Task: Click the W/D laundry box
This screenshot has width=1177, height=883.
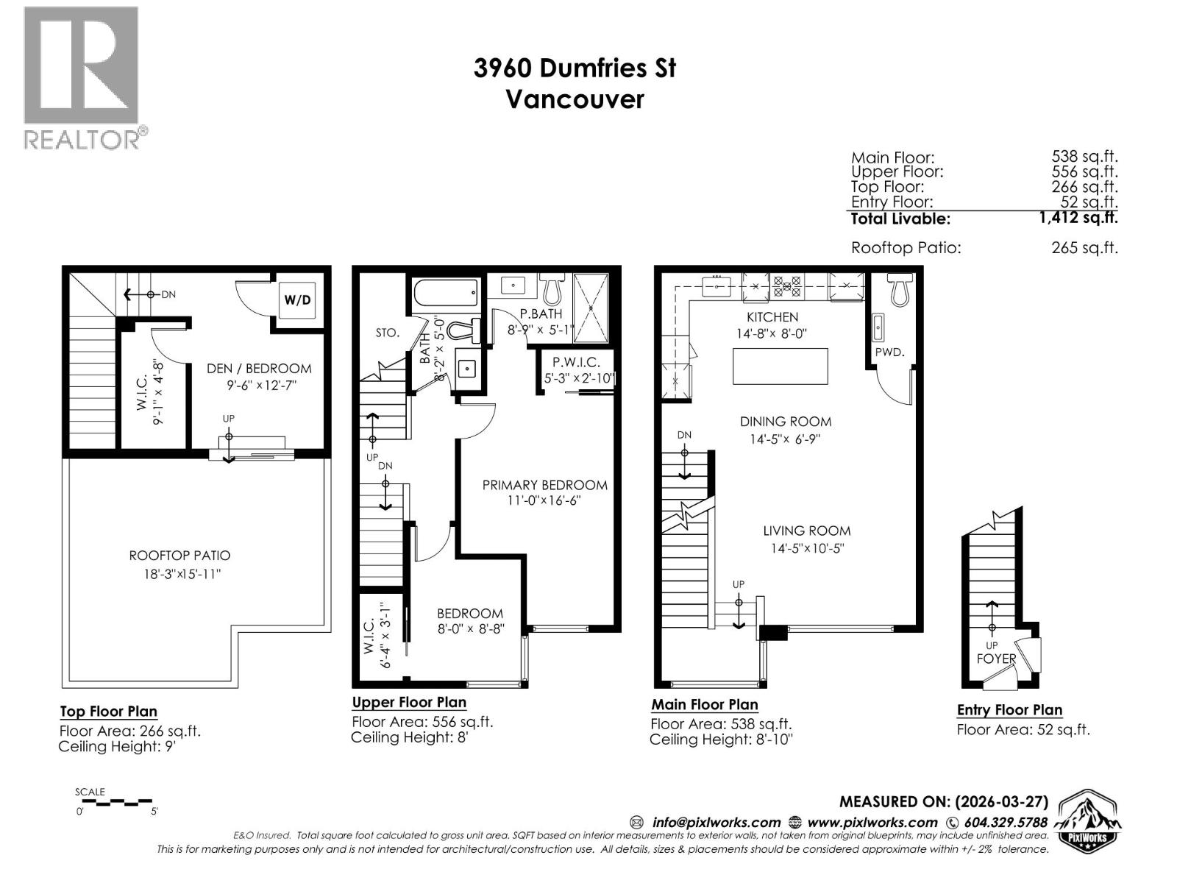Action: tap(298, 300)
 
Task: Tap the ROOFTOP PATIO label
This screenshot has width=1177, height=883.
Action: tap(179, 556)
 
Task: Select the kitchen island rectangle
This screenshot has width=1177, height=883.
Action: tap(780, 366)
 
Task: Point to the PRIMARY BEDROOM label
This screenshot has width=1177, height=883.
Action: tap(544, 485)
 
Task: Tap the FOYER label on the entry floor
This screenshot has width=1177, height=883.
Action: tap(996, 659)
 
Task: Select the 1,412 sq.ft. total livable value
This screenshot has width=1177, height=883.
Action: tap(1078, 218)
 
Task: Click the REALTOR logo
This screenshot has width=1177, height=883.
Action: tap(81, 77)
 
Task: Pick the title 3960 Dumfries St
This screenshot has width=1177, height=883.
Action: tap(575, 68)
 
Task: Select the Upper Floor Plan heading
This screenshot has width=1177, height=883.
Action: tap(409, 702)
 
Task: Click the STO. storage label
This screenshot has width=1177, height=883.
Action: tap(387, 333)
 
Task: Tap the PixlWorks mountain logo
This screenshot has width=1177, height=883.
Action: tap(1088, 821)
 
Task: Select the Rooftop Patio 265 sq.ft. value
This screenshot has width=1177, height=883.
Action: tap(1084, 248)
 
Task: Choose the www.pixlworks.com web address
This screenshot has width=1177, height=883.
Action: tap(872, 822)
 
